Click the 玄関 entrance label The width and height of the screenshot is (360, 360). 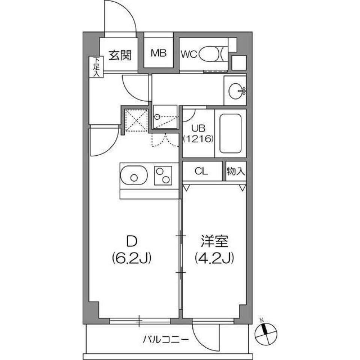[x=120, y=55]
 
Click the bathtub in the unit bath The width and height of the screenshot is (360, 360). [x=230, y=133]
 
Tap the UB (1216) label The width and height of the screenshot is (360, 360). [x=198, y=133]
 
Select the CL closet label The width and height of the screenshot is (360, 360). [x=201, y=171]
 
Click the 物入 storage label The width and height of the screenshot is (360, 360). [x=236, y=171]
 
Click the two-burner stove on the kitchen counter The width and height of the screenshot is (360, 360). [x=162, y=175]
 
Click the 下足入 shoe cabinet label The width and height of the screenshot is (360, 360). [x=97, y=67]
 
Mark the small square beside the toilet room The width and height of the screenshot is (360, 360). [x=238, y=63]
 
